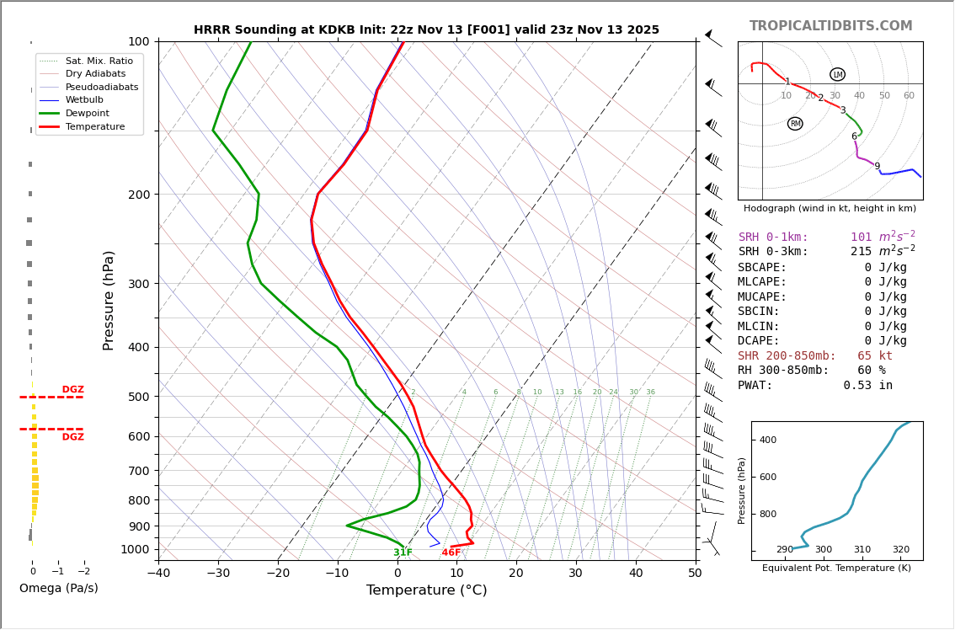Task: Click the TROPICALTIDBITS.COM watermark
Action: (x=830, y=26)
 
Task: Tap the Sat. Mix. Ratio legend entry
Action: (x=99, y=61)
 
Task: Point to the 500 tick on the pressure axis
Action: (x=137, y=397)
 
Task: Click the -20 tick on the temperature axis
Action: (x=278, y=574)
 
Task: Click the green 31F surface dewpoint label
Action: (x=403, y=553)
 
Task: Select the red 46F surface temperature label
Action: (x=451, y=553)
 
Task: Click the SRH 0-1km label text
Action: (x=773, y=238)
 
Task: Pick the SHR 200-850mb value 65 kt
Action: (x=875, y=355)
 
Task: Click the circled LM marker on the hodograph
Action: (x=837, y=74)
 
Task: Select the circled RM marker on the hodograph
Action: (x=795, y=124)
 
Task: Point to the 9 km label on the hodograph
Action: (x=877, y=167)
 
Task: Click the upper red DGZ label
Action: (x=73, y=390)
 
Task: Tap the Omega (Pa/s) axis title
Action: (x=59, y=588)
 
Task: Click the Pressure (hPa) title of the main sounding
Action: (x=109, y=300)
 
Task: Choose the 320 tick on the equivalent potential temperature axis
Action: (x=900, y=550)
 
